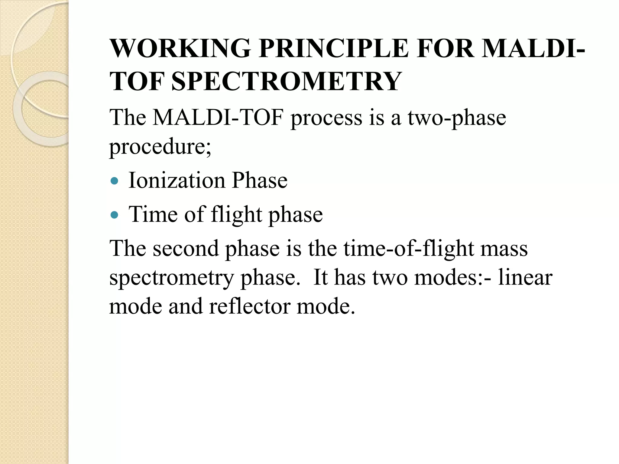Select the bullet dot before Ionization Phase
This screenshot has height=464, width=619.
(114, 181)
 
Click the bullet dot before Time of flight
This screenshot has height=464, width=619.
(114, 215)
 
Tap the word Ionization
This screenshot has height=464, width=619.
(177, 180)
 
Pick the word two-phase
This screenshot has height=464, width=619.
(457, 118)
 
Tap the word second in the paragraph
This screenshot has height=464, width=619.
(186, 248)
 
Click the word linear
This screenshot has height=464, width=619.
(525, 277)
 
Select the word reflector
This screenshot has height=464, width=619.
(249, 306)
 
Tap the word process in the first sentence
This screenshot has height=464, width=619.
(326, 118)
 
